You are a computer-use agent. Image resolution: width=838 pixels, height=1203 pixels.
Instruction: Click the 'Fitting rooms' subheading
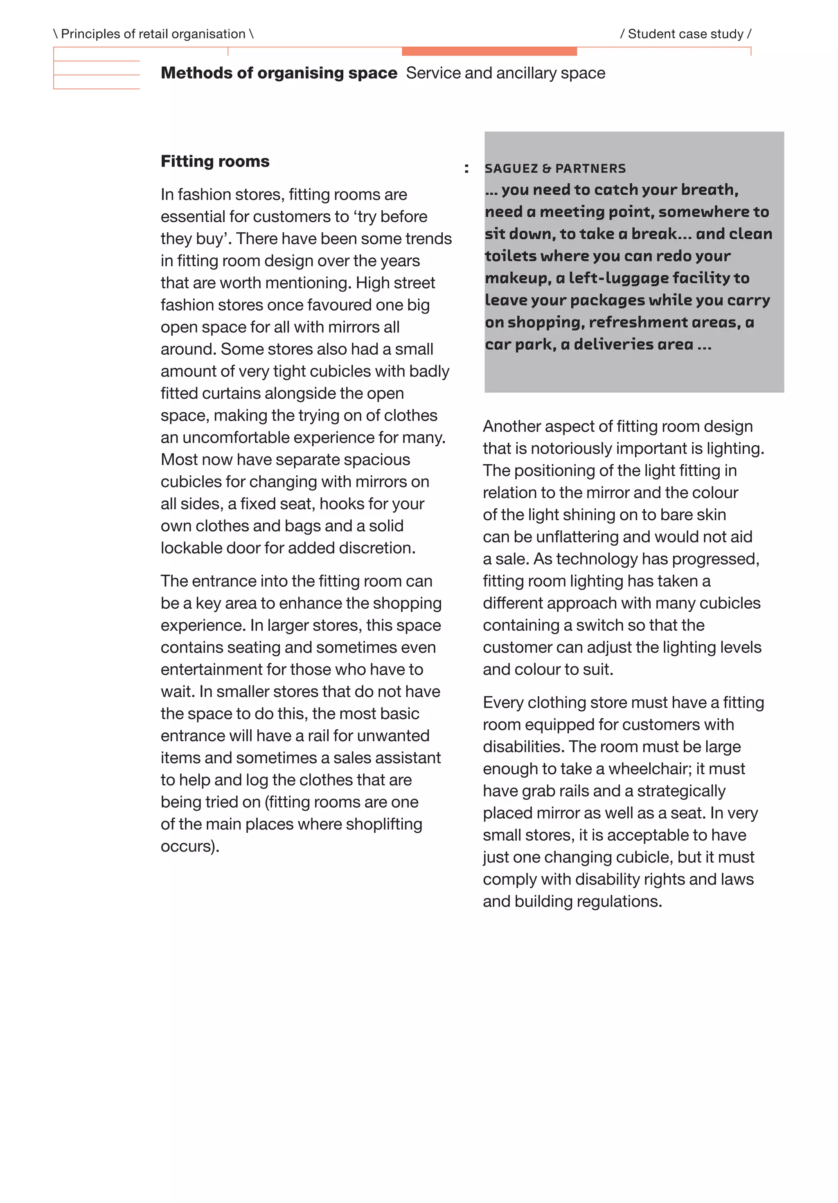point(215,162)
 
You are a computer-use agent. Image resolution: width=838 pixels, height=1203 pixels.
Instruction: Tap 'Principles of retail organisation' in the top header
point(153,34)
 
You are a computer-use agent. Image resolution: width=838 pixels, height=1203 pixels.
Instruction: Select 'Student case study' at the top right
point(685,34)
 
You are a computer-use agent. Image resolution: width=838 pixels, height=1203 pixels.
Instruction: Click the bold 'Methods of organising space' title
point(279,73)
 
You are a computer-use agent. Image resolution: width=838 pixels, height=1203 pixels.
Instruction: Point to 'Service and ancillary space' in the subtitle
point(505,73)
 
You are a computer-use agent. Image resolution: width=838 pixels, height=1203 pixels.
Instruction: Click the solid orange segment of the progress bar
point(489,52)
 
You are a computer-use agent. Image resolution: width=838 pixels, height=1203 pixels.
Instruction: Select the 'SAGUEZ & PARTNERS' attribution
point(555,169)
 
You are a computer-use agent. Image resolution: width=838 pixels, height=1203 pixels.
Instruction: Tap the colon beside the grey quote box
point(466,169)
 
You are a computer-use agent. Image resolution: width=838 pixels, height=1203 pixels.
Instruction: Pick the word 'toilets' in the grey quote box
point(510,256)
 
